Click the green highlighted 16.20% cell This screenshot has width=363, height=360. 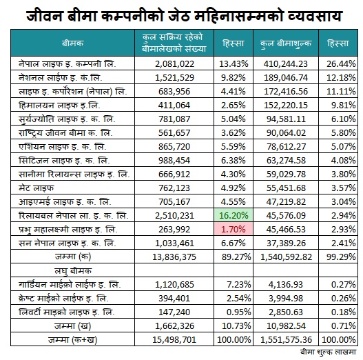click(234, 215)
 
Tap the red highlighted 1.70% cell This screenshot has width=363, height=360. click(234, 229)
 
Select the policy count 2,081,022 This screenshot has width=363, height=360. click(174, 63)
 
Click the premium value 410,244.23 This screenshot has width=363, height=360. click(286, 63)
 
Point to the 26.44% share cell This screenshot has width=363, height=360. click(341, 63)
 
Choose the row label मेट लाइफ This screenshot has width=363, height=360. click(36, 188)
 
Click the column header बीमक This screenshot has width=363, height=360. click(73, 43)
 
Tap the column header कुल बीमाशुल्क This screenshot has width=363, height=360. click(286, 43)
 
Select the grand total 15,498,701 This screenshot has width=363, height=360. click(174, 340)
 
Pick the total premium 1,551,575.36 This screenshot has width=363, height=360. click(286, 340)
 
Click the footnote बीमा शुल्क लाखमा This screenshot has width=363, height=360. click(328, 352)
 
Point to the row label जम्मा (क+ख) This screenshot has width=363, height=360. click(73, 340)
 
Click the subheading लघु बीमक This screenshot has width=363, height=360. click(73, 271)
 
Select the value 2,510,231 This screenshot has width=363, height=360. click(174, 216)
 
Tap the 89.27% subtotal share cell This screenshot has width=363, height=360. click(236, 257)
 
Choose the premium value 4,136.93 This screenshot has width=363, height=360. click(286, 284)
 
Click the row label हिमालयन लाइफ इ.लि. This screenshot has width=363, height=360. click(59, 106)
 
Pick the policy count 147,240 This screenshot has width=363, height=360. click(174, 312)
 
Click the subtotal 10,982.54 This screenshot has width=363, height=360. click(286, 326)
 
